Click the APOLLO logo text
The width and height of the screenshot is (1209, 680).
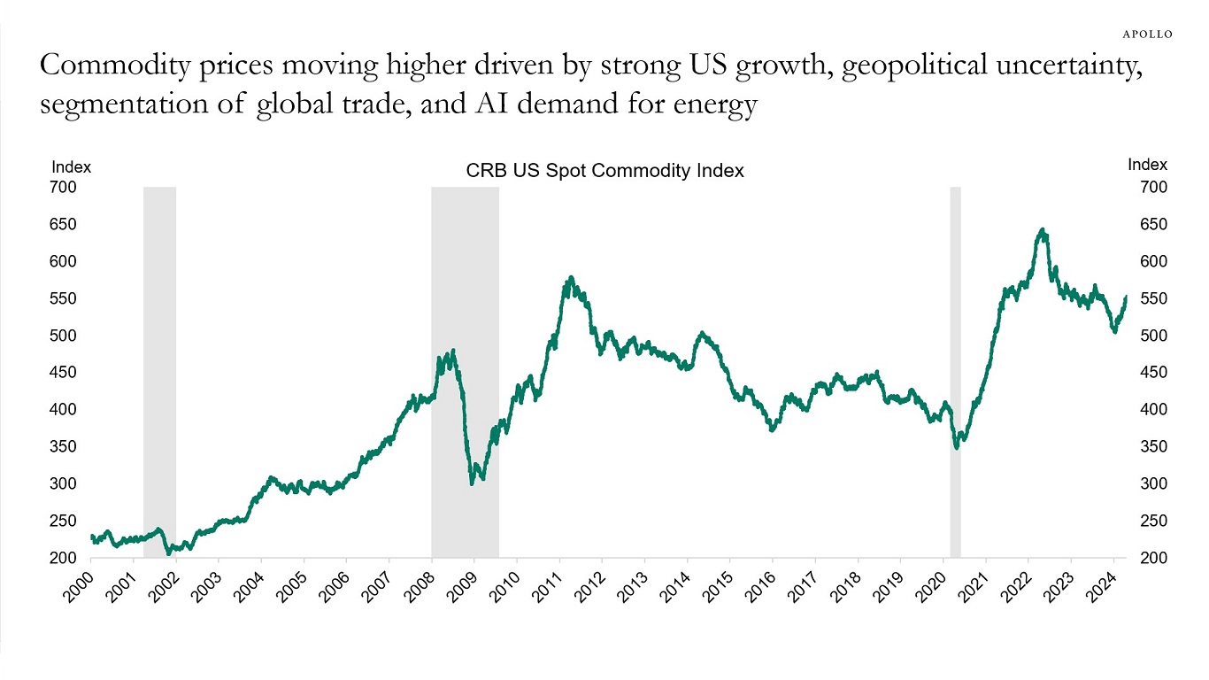[1147, 34]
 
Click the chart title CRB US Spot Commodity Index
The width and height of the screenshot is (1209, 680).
[604, 172]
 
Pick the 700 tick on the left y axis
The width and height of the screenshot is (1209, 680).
[65, 188]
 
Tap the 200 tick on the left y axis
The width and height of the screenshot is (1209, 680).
[65, 558]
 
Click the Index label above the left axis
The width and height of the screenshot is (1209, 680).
[71, 166]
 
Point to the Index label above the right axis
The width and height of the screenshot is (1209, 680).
[1147, 165]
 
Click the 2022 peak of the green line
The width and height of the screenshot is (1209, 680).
[1043, 231]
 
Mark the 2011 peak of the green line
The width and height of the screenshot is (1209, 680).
[571, 279]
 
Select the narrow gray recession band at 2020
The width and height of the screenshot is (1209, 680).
[955, 372]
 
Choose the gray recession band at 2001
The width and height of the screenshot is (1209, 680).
[159, 372]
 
